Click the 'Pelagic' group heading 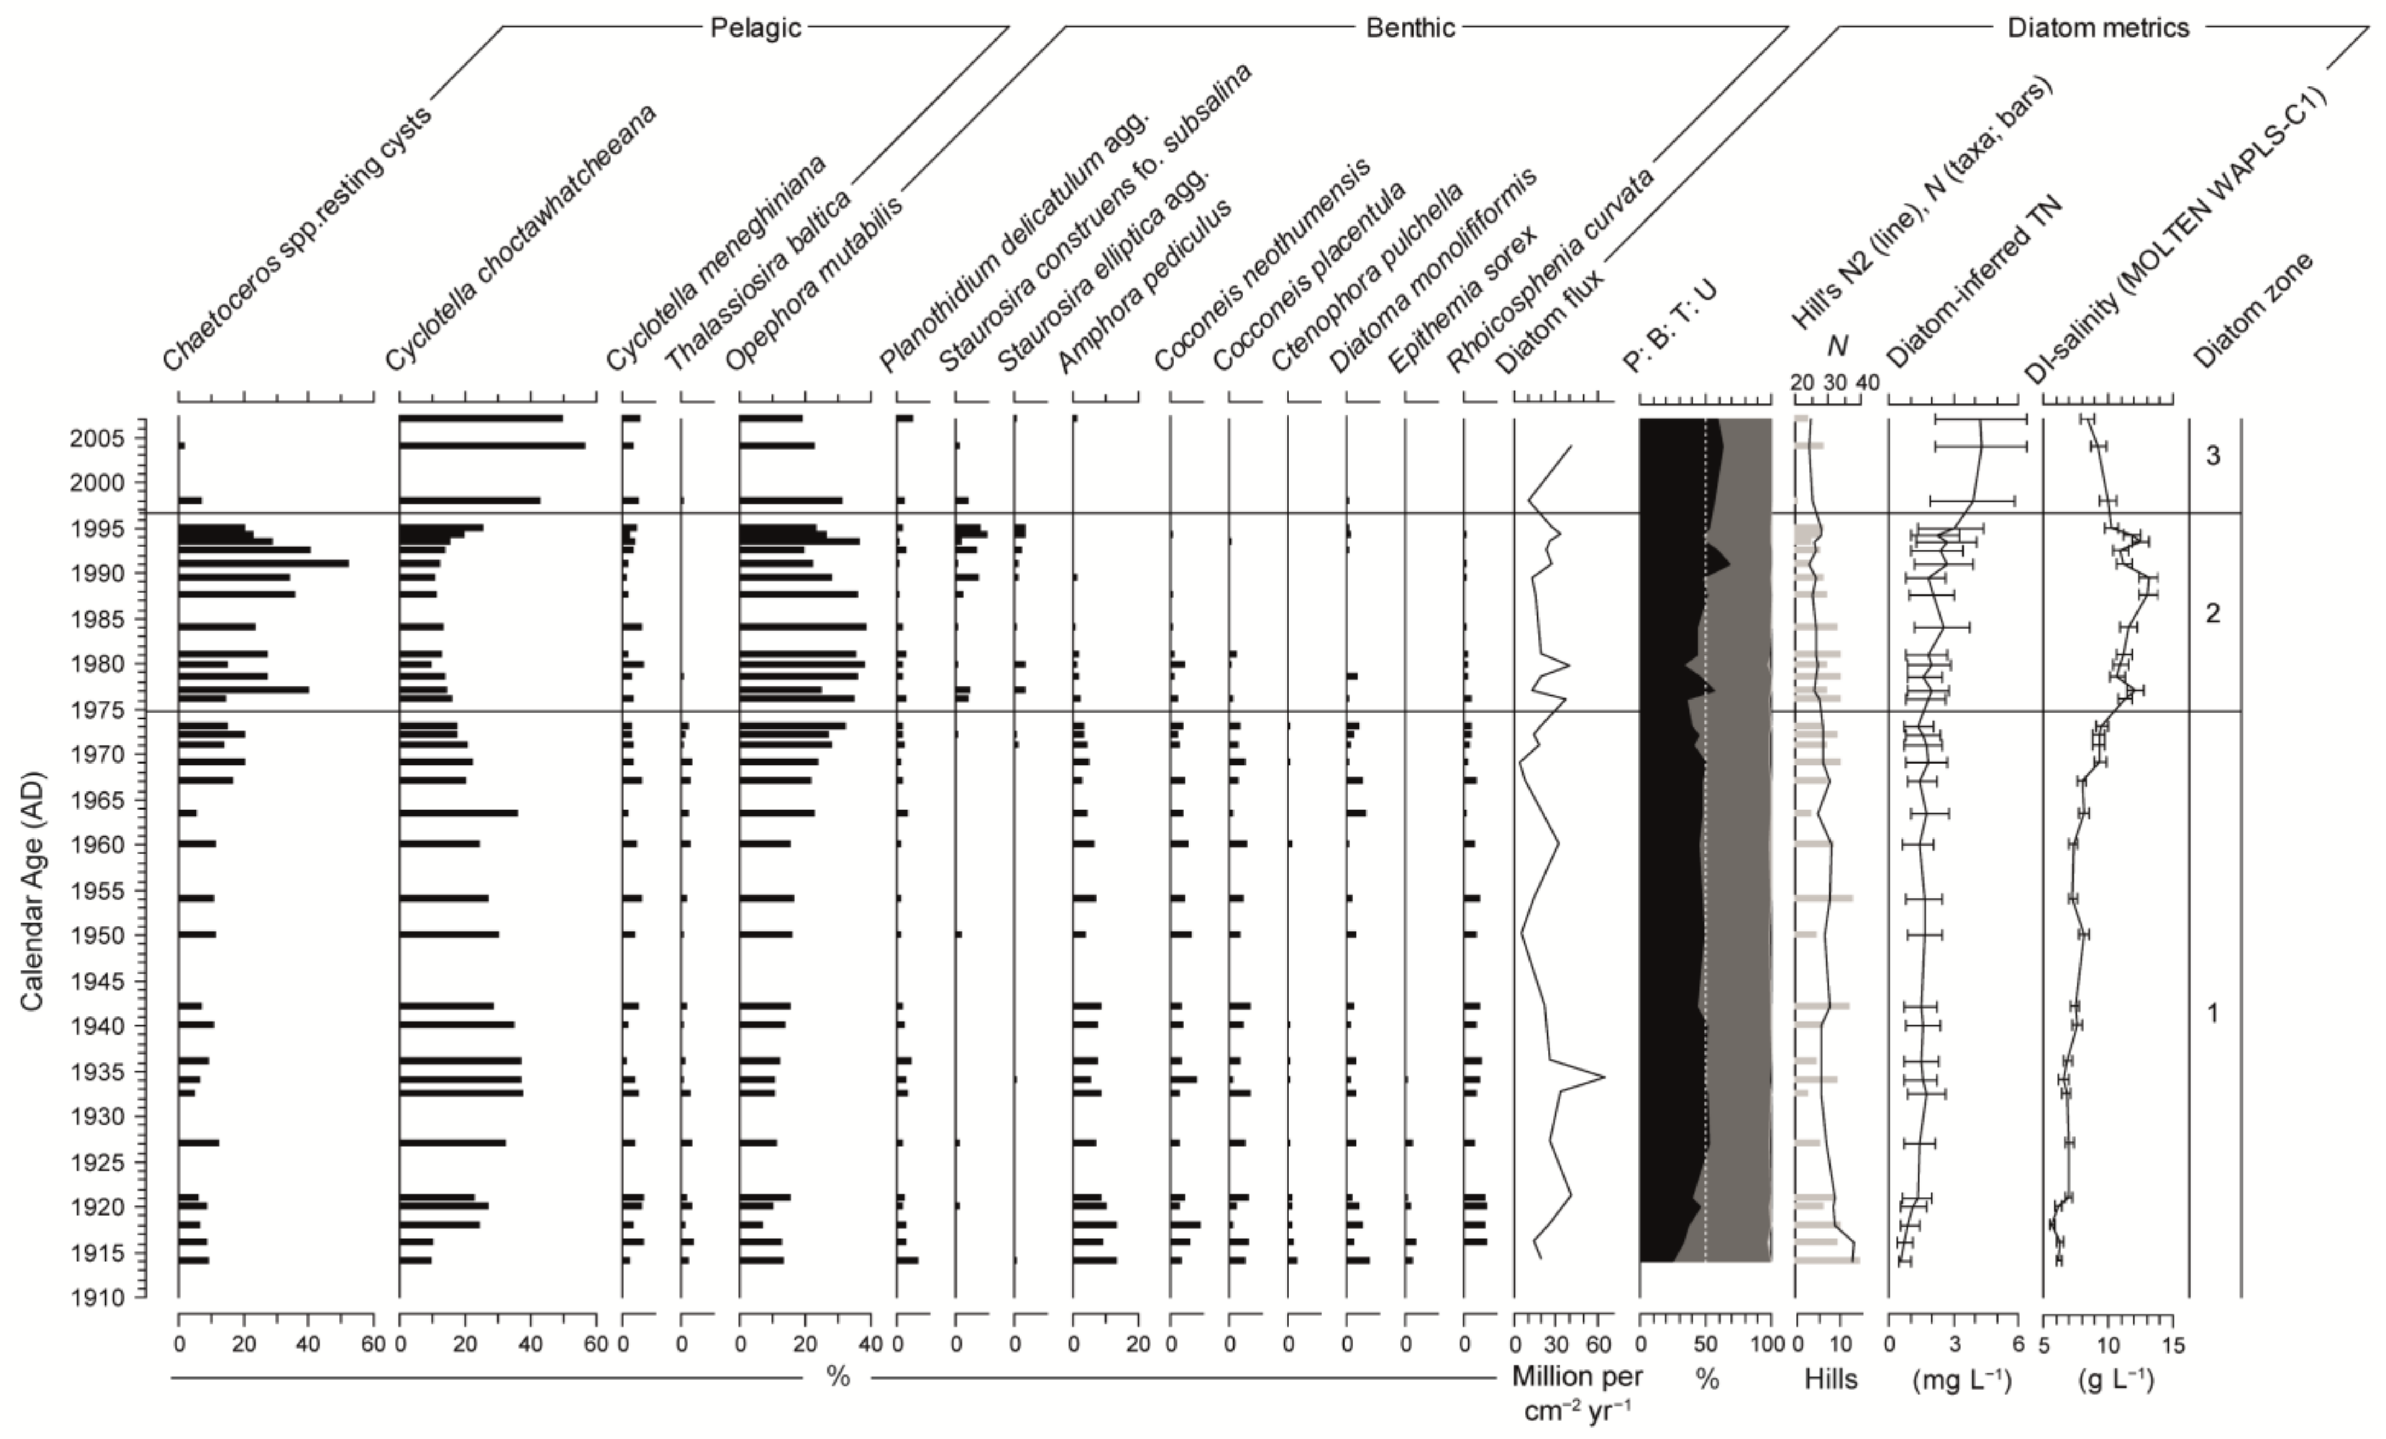[x=755, y=27]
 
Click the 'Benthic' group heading [x=1410, y=27]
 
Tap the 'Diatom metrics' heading [x=2098, y=27]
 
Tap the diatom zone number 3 [x=2213, y=455]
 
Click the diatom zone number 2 [x=2213, y=613]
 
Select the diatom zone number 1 [x=2213, y=1013]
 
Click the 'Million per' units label [x=1577, y=1376]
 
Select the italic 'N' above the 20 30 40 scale [x=1836, y=346]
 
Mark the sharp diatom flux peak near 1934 [x=1603, y=1077]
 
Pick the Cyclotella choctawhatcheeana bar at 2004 [x=492, y=446]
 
